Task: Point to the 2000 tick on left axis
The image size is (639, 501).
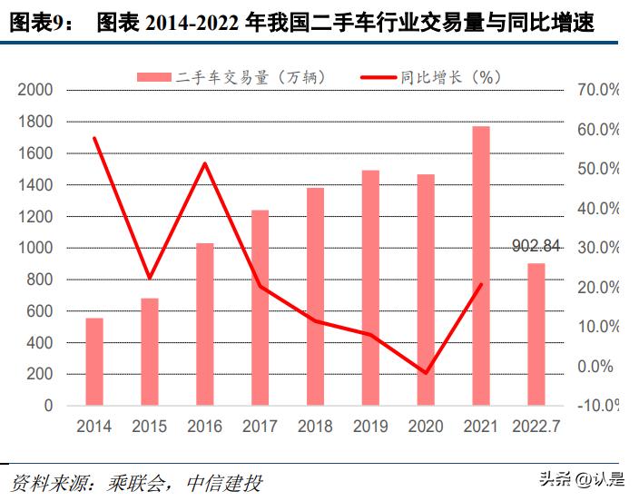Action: coord(35,90)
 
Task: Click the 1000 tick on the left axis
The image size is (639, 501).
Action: coord(35,248)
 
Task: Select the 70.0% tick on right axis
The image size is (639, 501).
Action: coord(597,90)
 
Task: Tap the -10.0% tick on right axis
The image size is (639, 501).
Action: coord(597,406)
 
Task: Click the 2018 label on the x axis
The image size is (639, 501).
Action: coord(315,426)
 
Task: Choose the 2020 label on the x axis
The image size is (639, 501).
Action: coord(426,426)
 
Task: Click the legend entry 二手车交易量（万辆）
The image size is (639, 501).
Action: coord(231,77)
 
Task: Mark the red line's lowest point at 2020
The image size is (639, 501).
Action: coord(426,373)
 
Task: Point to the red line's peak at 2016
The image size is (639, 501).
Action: coord(205,163)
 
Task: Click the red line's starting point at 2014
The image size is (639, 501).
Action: coord(94,138)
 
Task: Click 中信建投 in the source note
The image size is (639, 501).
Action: coord(222,480)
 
